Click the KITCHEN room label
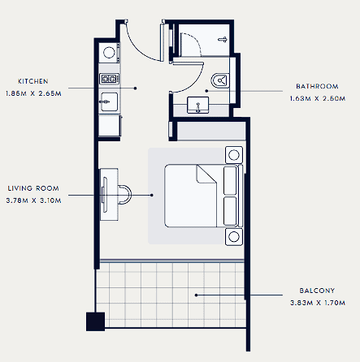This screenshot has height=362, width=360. (33, 81)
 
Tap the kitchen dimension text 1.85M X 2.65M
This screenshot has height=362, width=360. (33, 93)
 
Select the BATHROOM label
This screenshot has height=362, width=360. (317, 86)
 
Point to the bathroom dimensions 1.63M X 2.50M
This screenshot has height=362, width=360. (318, 98)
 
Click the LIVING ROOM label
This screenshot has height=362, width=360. (33, 188)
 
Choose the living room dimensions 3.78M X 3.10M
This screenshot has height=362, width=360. (33, 200)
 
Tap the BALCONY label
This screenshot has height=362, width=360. (317, 291)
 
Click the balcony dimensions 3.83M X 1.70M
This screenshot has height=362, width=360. (318, 303)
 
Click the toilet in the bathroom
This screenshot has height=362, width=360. (219, 80)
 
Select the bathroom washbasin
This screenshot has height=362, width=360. (198, 105)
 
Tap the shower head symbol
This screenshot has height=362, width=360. (223, 40)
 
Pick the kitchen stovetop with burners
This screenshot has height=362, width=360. (109, 79)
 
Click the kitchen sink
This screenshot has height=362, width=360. (109, 101)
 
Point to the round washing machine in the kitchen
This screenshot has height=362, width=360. (109, 53)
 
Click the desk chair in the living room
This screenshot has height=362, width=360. (125, 194)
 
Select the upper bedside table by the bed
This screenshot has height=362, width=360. (234, 155)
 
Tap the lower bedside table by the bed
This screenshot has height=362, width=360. (234, 237)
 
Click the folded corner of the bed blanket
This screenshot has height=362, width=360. (206, 174)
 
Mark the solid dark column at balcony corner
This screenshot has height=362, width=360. (95, 321)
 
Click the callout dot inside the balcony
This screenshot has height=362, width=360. (196, 295)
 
